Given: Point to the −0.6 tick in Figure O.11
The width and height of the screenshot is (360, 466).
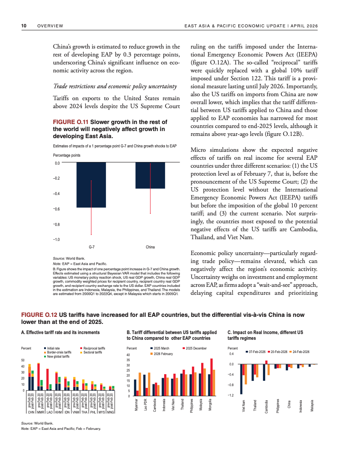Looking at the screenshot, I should (57, 209).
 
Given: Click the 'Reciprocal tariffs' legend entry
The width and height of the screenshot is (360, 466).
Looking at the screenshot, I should (94, 349).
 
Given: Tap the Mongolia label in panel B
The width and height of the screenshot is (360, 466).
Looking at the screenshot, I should (212, 406).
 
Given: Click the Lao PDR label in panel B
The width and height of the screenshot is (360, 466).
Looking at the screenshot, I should (146, 406).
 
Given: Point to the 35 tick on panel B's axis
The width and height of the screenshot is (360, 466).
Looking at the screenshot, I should (128, 360).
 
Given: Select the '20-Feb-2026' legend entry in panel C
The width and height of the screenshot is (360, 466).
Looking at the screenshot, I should (279, 352).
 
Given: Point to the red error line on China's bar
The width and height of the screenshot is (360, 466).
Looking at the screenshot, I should (151, 190).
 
